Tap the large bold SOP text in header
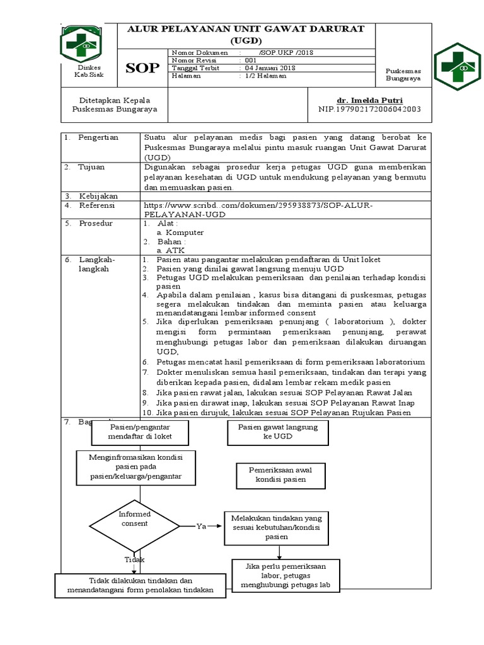click(x=142, y=68)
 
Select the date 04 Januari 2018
click(x=270, y=68)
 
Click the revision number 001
click(x=251, y=60)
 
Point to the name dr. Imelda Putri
click(x=370, y=100)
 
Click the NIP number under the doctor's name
click(x=370, y=109)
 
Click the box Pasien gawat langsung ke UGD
click(x=278, y=431)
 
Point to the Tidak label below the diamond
click(x=134, y=559)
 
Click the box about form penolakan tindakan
click(x=140, y=585)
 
